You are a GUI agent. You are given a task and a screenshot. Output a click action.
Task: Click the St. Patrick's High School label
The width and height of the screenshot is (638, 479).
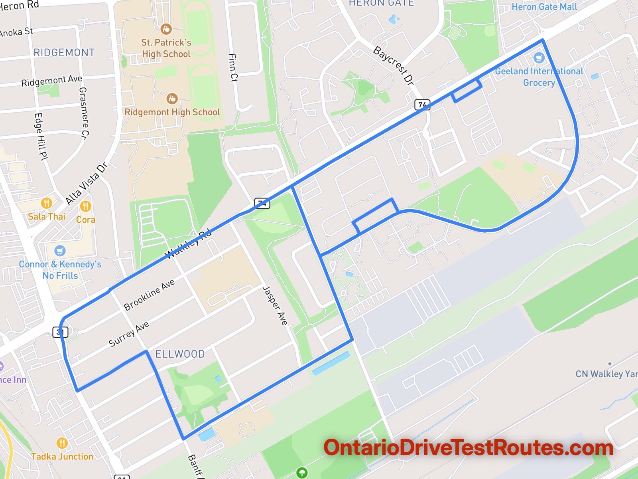point(166,48)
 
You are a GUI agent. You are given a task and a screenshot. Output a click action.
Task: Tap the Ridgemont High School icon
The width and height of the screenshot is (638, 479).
point(172,99)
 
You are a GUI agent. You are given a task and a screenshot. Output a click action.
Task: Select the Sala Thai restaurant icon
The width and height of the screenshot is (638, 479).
point(47,203)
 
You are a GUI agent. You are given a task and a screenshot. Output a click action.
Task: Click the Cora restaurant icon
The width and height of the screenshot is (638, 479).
point(85,206)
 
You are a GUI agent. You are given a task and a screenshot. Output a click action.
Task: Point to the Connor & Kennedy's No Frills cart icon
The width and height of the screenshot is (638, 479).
point(60,251)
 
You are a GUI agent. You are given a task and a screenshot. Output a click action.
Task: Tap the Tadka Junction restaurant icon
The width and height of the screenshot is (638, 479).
point(62,443)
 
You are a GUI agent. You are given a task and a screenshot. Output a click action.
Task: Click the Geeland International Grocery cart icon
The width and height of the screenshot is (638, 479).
point(539,58)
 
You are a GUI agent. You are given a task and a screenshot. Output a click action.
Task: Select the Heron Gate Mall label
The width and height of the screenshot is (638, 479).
point(544,7)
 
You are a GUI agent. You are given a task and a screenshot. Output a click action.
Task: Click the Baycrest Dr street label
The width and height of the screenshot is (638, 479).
point(393,65)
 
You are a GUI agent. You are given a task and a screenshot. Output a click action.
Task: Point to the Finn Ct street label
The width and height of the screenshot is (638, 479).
point(233,67)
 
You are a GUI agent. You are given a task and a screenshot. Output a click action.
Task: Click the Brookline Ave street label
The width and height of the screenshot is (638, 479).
point(149,295)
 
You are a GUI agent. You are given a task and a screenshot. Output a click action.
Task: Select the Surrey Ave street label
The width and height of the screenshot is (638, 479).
point(129,334)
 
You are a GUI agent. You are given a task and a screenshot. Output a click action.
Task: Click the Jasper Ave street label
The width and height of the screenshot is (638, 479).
point(275,305)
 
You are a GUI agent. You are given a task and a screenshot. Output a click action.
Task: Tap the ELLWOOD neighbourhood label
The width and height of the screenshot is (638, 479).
point(180,354)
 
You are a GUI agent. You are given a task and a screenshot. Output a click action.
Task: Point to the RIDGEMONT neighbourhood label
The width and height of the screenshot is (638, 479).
point(64,52)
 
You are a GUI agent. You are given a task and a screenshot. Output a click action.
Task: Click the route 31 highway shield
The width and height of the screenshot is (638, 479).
point(60,332)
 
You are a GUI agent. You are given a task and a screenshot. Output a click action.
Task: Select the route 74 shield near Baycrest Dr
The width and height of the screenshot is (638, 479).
point(422,105)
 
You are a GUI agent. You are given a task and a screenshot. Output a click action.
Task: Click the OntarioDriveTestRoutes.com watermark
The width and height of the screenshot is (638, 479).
point(468,448)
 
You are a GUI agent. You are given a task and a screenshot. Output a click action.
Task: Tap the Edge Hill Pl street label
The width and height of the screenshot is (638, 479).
point(41,137)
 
